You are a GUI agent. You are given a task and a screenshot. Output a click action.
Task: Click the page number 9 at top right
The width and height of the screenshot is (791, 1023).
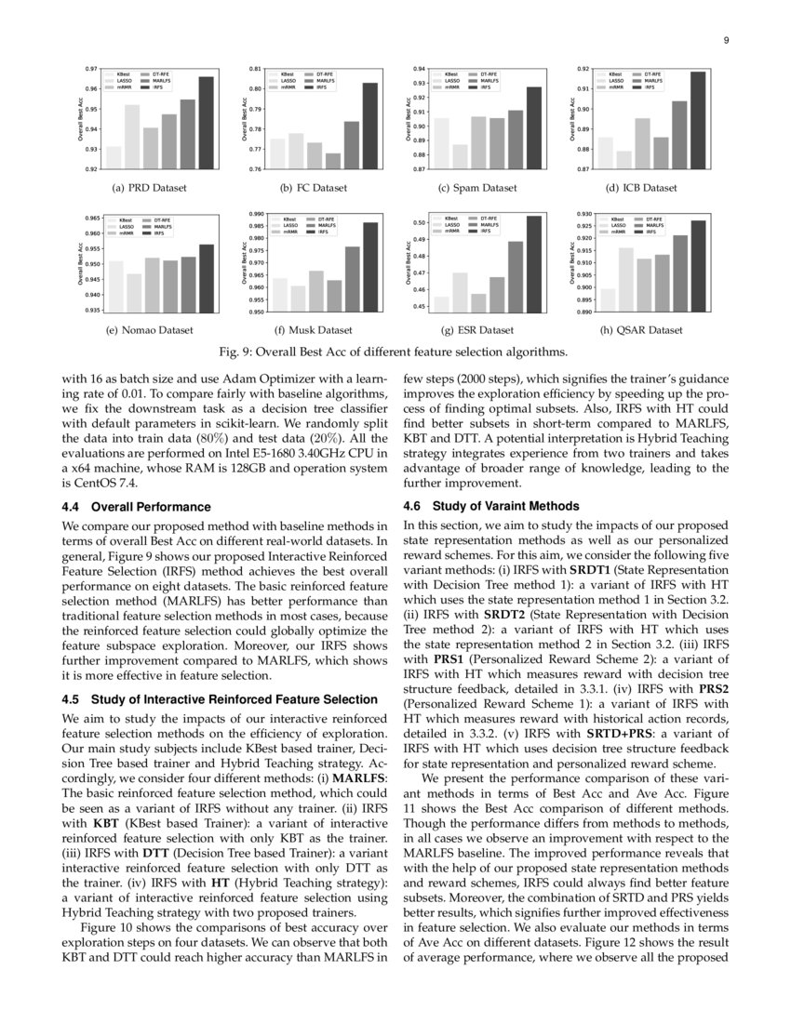[x=724, y=40]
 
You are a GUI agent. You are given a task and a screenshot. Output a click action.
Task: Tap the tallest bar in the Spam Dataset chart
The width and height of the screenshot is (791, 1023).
[x=534, y=127]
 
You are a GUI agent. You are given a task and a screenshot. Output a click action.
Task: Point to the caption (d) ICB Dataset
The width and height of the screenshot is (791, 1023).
[x=641, y=188]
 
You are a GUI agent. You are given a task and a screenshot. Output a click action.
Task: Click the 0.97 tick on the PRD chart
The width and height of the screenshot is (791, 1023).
[x=91, y=69]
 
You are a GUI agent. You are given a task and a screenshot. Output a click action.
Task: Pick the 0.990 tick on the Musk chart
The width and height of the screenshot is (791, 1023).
[x=254, y=214]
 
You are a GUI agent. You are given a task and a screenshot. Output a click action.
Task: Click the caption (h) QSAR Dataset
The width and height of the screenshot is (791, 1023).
[x=641, y=330]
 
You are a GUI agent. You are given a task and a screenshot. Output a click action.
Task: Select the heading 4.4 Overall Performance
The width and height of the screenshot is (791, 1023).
[x=136, y=507]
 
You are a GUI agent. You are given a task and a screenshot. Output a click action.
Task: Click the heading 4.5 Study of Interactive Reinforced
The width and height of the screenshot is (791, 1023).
[x=219, y=699]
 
